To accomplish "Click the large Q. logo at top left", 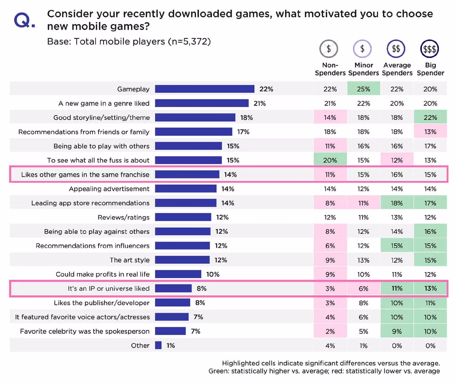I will [x=24, y=21].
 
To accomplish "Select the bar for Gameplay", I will [x=204, y=89].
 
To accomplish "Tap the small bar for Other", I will [x=158, y=345].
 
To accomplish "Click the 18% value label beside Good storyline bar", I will [x=246, y=117].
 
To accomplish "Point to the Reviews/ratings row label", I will [x=123, y=217].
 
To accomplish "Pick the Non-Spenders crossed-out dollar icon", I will [x=328, y=49].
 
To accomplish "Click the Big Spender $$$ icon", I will [x=429, y=49].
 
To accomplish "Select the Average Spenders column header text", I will [x=397, y=69].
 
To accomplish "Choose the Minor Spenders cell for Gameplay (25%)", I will [x=363, y=89].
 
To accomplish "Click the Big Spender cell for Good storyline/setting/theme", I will [x=430, y=117].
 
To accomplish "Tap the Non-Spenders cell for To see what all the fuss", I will [x=330, y=160].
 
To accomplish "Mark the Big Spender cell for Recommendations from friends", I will [x=430, y=132].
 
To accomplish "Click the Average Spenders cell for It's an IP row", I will [x=397, y=288].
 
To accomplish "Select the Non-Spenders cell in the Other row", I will [x=330, y=345].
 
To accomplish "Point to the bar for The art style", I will [x=182, y=260].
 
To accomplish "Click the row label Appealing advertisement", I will [x=109, y=189].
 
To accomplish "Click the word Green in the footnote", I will [x=218, y=371].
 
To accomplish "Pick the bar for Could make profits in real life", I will [x=178, y=274].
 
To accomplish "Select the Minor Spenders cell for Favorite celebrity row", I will [x=363, y=331].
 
